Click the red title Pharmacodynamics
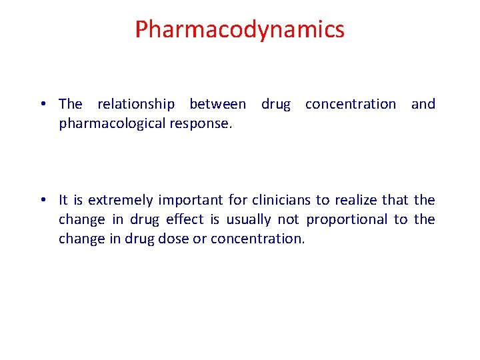[239, 29]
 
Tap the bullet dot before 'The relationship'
[42, 104]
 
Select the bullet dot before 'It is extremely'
[42, 200]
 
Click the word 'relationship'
[136, 104]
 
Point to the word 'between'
[217, 104]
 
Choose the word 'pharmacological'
[109, 123]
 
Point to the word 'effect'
[185, 219]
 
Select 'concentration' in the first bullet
[350, 104]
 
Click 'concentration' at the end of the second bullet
[257, 239]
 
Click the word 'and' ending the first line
[423, 104]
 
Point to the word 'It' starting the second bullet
[63, 200]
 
